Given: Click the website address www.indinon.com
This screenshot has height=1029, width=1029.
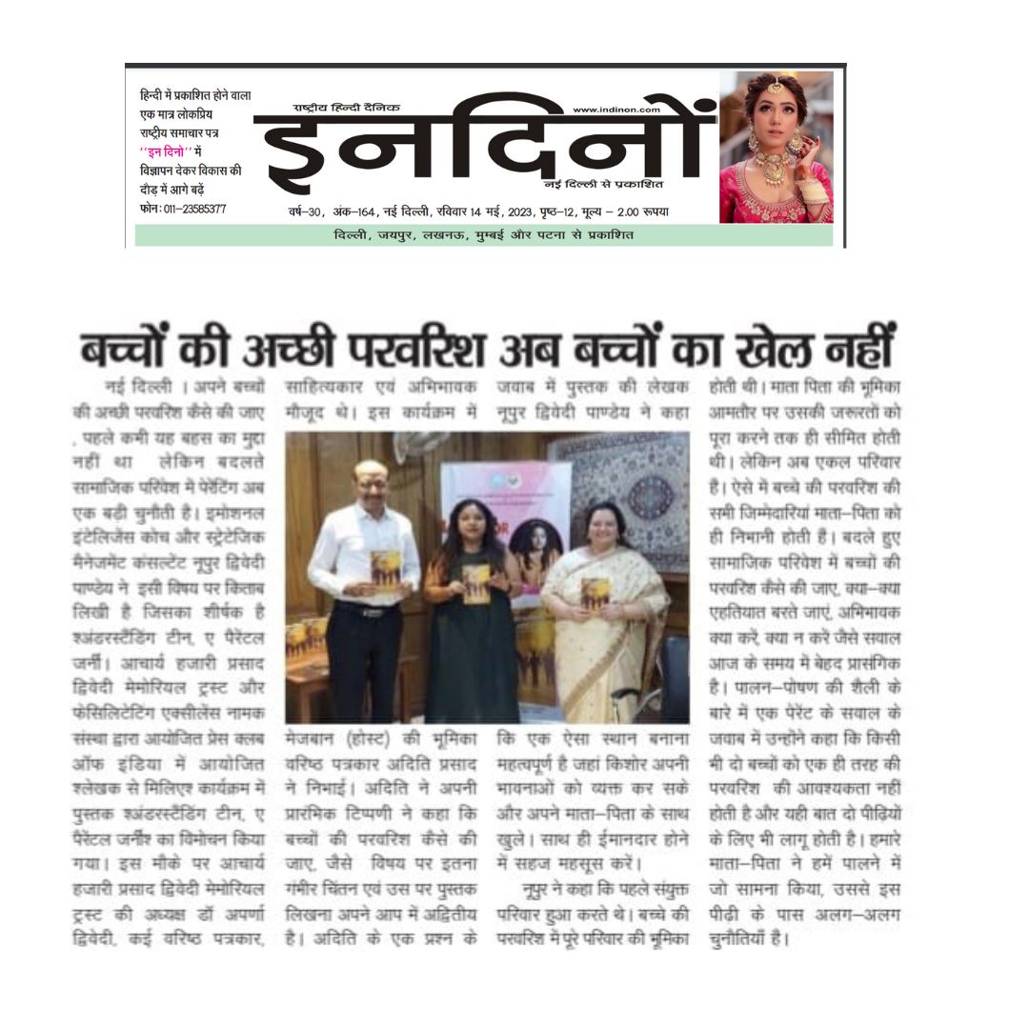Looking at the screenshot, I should click(x=615, y=110).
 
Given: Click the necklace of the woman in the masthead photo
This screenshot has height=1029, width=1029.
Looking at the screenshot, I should click(x=773, y=170).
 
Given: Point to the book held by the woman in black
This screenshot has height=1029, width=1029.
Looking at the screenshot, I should click(x=475, y=583).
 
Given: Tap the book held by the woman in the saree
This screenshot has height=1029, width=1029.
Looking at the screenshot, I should click(x=595, y=594).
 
